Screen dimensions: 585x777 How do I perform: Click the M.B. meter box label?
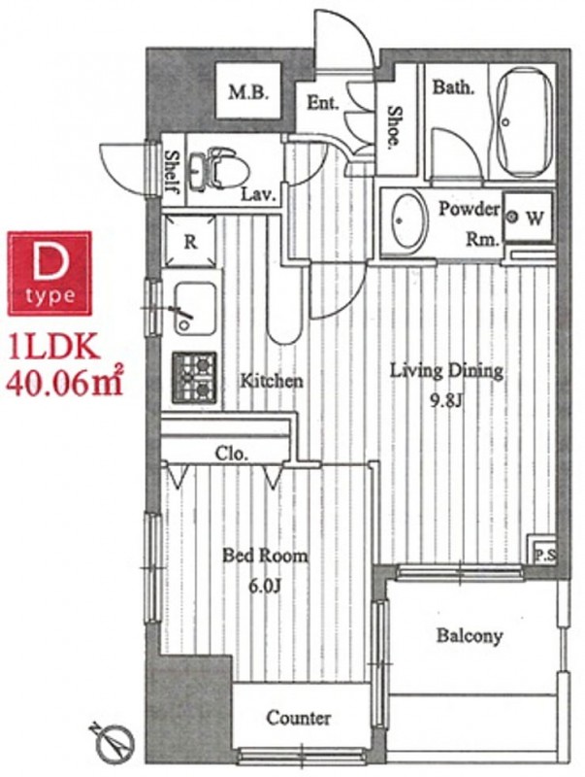click(248, 92)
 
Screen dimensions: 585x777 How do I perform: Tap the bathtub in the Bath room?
click(524, 122)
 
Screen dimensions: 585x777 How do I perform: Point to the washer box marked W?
click(528, 217)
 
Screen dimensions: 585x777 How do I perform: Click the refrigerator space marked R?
click(190, 241)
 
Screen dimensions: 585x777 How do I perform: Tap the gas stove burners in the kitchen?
click(194, 377)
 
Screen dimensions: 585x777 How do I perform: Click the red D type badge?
click(49, 274)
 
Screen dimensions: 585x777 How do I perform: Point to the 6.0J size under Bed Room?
click(265, 587)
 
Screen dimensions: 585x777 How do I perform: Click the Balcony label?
click(470, 635)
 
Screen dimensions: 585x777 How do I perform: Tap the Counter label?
click(299, 717)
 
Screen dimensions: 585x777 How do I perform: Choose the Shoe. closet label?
click(395, 127)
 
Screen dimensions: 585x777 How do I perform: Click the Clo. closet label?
click(231, 454)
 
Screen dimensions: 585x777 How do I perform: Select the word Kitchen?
click(272, 381)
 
